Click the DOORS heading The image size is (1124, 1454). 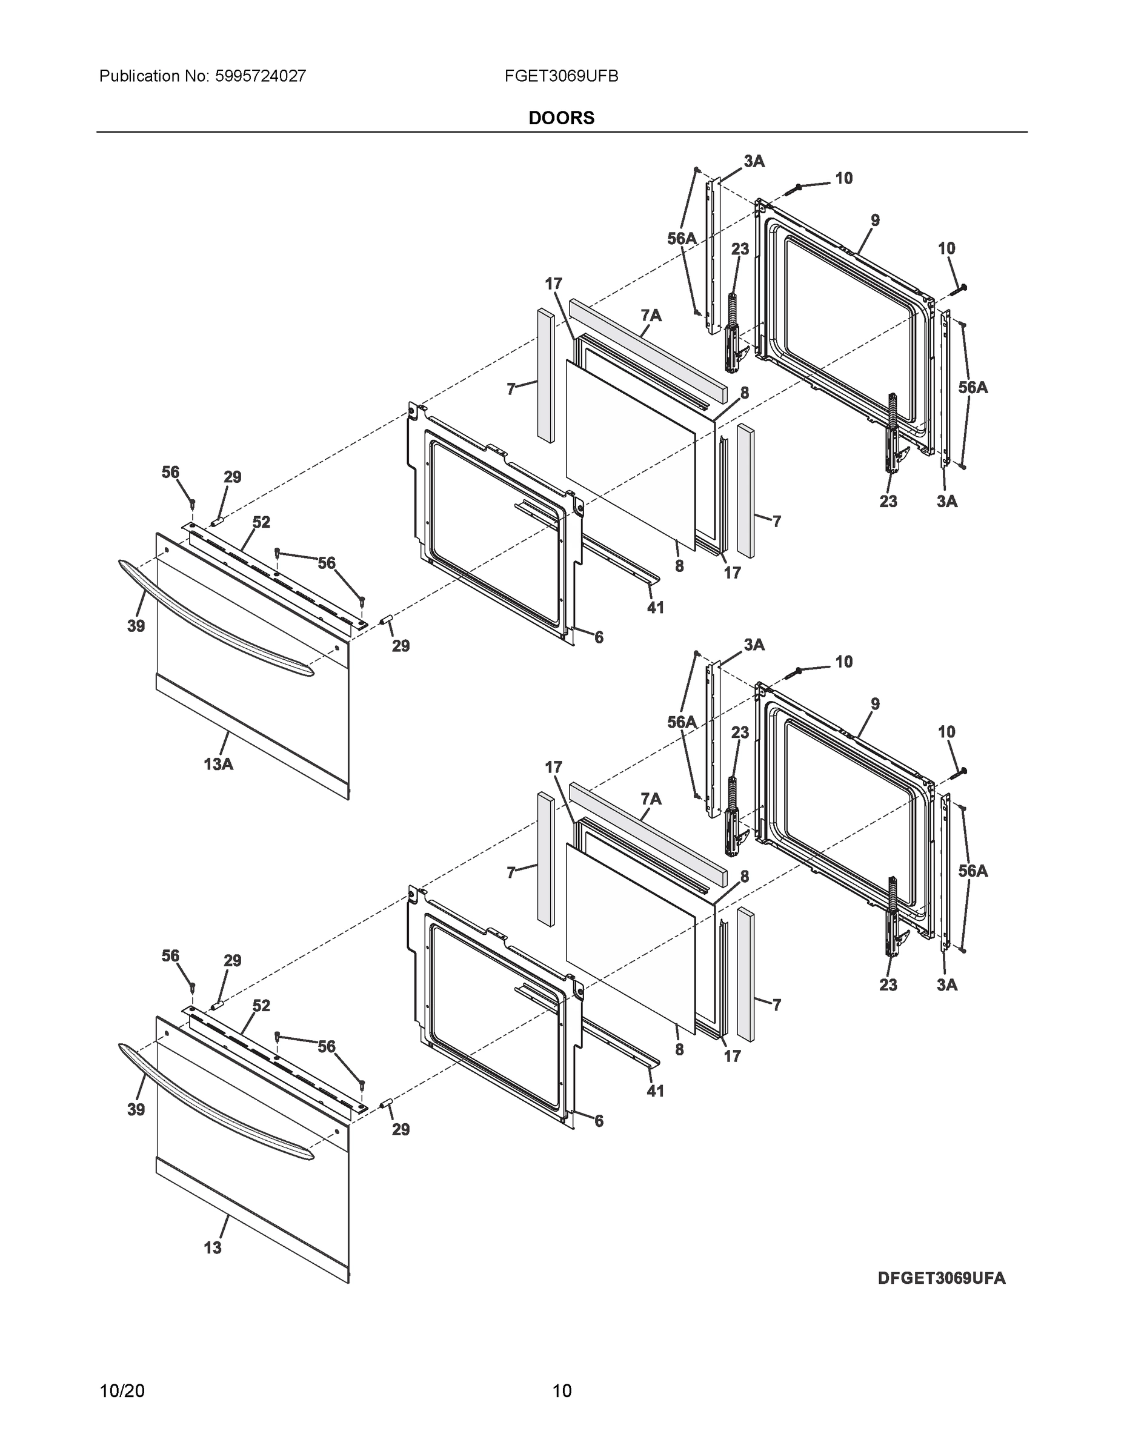[x=560, y=118]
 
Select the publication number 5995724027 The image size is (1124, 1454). [x=261, y=76]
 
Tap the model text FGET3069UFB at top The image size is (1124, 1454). [x=560, y=76]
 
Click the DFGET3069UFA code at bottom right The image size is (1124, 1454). [x=941, y=1278]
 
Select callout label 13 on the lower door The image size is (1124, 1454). [x=213, y=1247]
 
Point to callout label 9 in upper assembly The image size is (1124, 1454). [x=875, y=221]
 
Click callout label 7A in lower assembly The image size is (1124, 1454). [x=651, y=799]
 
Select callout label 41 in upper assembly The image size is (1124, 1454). [x=655, y=608]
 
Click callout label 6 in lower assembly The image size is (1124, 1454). [x=599, y=1121]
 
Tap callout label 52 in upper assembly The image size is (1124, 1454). [x=261, y=523]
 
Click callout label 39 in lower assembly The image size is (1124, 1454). [x=136, y=1110]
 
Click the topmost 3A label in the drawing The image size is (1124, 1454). [x=754, y=161]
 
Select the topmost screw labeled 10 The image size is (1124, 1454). [x=796, y=188]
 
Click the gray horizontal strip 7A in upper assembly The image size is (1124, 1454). [x=646, y=346]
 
